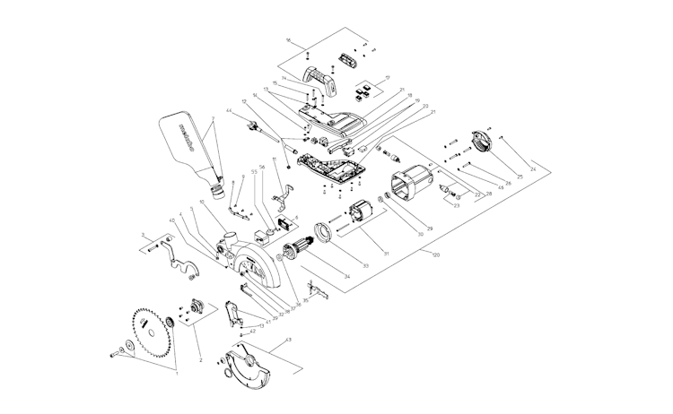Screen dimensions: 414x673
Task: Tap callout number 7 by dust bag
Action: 214,118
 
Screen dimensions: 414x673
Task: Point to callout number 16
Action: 288,41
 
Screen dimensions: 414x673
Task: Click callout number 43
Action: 289,341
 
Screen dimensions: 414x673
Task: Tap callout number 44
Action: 229,111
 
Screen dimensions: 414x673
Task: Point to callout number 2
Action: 200,360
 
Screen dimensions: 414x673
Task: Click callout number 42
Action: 254,332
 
